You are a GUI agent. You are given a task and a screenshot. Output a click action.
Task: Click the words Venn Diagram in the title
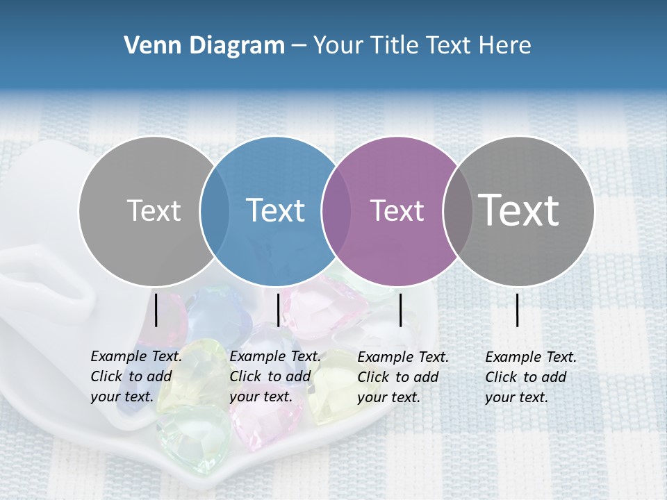(204, 46)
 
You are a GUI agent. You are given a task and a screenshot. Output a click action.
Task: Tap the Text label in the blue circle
(275, 210)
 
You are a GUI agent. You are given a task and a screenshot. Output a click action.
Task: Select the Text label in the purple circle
(397, 210)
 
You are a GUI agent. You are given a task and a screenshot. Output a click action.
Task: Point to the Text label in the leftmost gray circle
(154, 210)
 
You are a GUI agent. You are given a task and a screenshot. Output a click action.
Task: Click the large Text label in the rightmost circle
(519, 210)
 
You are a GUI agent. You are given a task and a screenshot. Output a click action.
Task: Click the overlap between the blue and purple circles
(336, 211)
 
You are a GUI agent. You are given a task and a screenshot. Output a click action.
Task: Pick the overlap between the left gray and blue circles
(214, 211)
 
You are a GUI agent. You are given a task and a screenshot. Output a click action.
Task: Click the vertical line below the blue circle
(279, 310)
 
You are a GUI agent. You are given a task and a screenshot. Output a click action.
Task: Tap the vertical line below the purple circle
(401, 310)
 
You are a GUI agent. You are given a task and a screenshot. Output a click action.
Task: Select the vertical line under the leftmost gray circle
(156, 310)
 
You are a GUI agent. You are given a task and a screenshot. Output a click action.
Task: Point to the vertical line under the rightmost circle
(518, 310)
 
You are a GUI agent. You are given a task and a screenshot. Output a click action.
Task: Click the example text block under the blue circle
(274, 376)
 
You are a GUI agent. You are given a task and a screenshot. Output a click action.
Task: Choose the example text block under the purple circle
(402, 377)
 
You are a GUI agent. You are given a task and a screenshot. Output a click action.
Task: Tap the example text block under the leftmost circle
(135, 376)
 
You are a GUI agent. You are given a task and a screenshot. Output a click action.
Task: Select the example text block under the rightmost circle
(530, 377)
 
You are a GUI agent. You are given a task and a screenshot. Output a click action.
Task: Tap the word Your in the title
(338, 46)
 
